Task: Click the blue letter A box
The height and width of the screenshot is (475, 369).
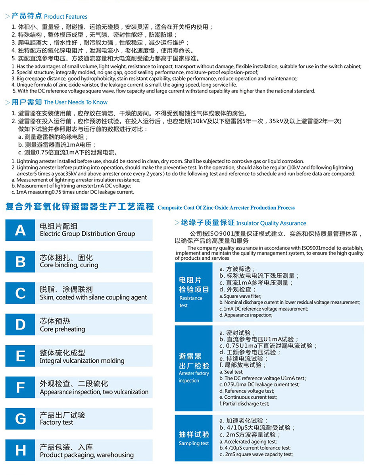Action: [x=20, y=230]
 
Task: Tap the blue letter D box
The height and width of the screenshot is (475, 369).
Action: [x=20, y=324]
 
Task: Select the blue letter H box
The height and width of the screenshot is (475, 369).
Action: [x=20, y=450]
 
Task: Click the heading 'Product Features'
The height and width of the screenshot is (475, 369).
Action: [x=65, y=17]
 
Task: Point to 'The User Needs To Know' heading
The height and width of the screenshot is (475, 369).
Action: [x=75, y=102]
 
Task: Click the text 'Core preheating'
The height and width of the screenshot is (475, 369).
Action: [x=62, y=329]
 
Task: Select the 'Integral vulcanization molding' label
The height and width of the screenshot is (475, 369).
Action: [x=82, y=361]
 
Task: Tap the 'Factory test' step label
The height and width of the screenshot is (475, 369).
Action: [x=56, y=423]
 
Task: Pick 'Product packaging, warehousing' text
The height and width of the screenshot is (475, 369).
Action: [x=86, y=455]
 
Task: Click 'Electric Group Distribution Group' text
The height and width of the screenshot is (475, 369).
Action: [x=87, y=234]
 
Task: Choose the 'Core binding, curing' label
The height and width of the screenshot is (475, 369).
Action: [x=69, y=265]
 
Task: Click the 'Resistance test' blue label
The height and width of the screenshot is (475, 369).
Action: [x=191, y=301]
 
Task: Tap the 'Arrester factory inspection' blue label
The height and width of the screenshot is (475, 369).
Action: [x=194, y=377]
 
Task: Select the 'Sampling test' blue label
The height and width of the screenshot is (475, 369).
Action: [x=194, y=443]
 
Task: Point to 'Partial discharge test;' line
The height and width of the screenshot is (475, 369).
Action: [x=244, y=404]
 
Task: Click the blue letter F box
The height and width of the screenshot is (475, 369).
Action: [x=20, y=387]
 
